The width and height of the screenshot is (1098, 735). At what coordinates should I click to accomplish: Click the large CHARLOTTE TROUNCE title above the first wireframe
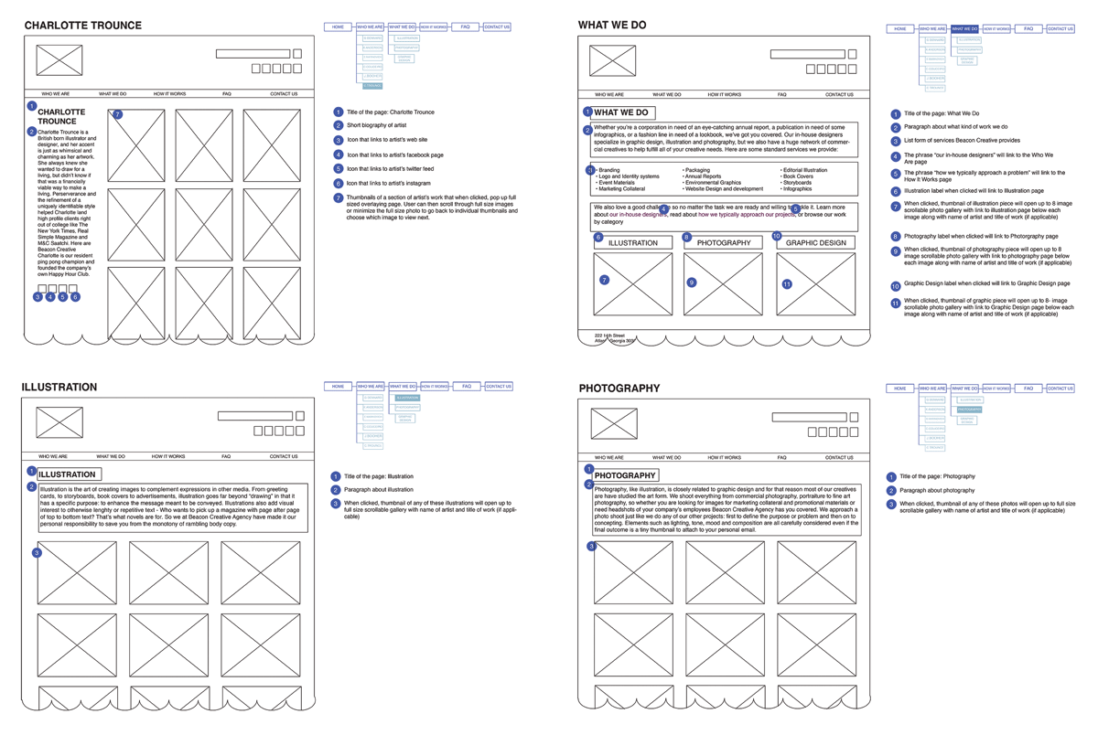82,26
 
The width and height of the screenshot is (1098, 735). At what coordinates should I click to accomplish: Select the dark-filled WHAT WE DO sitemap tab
964,29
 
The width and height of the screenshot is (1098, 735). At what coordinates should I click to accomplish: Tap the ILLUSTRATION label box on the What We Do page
632,243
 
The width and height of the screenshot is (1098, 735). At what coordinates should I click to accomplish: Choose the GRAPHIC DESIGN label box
815,243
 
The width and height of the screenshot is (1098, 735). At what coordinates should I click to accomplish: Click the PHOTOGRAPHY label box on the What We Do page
723,243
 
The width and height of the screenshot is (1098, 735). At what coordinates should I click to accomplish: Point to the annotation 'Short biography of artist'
376,125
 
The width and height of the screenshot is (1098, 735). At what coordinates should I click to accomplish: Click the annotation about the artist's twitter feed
390,169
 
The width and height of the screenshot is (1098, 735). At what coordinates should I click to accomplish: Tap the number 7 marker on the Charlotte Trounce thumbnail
117,115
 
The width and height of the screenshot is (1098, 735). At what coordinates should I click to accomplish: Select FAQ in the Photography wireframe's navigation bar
781,457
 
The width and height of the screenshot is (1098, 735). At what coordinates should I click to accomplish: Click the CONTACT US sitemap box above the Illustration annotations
498,387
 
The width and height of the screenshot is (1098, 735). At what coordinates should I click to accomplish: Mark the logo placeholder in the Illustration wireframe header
59,422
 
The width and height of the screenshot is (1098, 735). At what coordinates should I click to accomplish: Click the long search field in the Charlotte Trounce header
253,54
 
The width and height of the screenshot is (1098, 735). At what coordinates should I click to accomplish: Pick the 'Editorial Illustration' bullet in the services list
804,170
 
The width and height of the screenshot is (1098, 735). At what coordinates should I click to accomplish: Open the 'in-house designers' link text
642,215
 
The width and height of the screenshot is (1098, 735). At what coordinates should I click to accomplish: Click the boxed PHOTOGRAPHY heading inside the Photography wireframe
625,475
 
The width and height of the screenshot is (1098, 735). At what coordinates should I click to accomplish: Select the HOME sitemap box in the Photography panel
900,389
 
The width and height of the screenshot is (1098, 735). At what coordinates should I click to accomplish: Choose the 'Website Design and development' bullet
723,189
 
